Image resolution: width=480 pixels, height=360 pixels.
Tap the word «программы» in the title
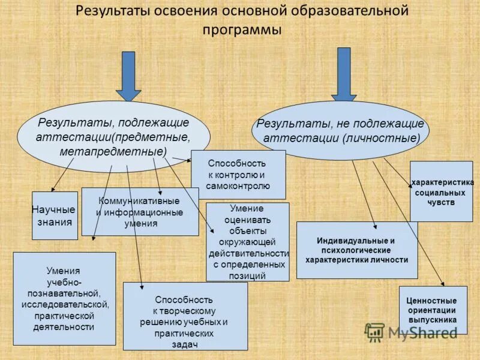[241, 29]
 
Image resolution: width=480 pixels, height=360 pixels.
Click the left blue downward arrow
[128, 76]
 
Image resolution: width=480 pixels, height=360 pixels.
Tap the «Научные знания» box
[55, 215]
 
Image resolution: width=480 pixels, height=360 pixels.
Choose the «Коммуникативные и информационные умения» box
[140, 212]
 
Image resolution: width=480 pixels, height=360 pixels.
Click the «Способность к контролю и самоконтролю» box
[238, 175]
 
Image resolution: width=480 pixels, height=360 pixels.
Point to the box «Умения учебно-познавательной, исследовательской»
[64, 298]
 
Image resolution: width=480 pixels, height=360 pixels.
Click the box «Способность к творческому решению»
[185, 316]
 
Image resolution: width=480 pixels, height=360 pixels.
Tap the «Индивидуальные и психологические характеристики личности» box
[356, 250]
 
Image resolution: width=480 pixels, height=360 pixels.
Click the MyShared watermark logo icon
[375, 332]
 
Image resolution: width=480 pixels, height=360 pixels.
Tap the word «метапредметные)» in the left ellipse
[113, 151]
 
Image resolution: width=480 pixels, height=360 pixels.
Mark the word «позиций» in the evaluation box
[247, 276]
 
